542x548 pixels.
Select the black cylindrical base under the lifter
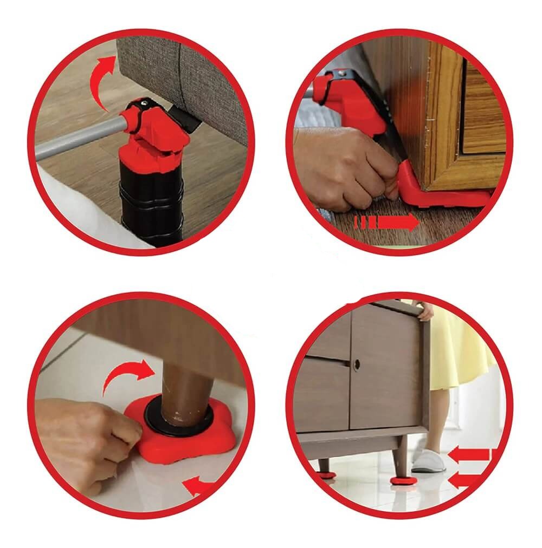(152, 200)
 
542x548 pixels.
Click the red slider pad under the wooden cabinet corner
(434, 198)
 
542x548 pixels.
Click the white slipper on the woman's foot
(428, 460)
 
